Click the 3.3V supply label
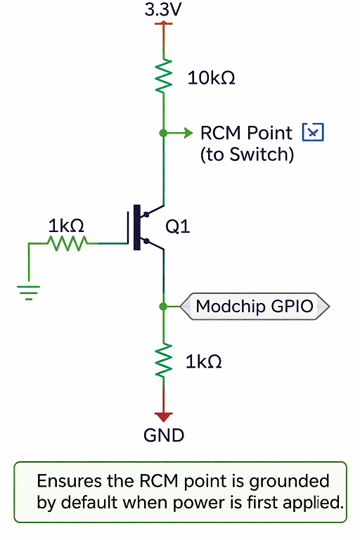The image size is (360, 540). pyautogui.click(x=163, y=10)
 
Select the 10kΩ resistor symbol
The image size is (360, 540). pyautogui.click(x=164, y=76)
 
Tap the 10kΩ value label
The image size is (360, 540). pyautogui.click(x=211, y=78)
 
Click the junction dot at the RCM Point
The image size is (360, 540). pyautogui.click(x=163, y=133)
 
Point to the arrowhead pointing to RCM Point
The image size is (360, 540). pyautogui.click(x=188, y=133)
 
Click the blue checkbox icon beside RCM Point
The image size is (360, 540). pyautogui.click(x=313, y=132)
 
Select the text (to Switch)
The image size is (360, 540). pyautogui.click(x=247, y=154)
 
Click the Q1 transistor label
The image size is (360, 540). pyautogui.click(x=178, y=226)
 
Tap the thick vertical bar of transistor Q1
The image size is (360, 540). pyautogui.click(x=137, y=227)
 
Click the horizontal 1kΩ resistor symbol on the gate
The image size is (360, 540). pyautogui.click(x=68, y=243)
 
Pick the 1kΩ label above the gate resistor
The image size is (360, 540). pyautogui.click(x=66, y=226)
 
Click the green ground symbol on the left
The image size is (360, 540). pyautogui.click(x=29, y=292)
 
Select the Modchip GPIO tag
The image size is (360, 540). pyautogui.click(x=255, y=306)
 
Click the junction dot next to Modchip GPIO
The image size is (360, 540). pyautogui.click(x=163, y=306)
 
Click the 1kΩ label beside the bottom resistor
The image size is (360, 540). pyautogui.click(x=204, y=362)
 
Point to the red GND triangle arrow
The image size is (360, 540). pyautogui.click(x=164, y=417)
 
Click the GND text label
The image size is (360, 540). pyautogui.click(x=164, y=435)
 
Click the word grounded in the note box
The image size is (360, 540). pyautogui.click(x=290, y=482)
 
